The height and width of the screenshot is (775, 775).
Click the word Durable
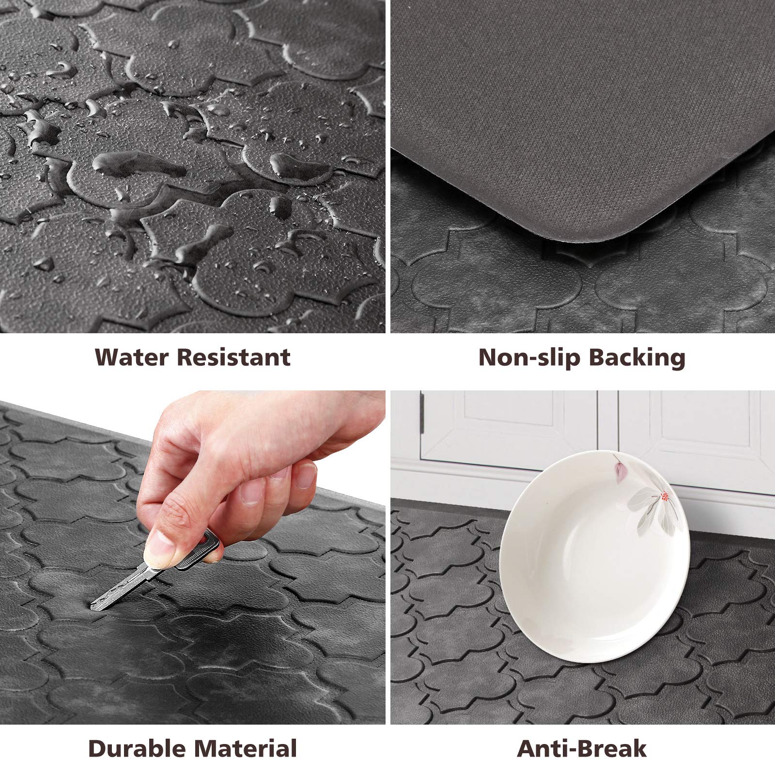click(137, 748)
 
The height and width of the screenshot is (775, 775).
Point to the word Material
click(246, 748)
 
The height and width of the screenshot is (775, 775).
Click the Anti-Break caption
click(581, 748)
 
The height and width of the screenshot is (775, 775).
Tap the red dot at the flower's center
click(664, 496)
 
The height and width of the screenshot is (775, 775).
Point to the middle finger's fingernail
click(252, 492)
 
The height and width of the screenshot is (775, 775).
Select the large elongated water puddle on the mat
click(140, 164)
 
